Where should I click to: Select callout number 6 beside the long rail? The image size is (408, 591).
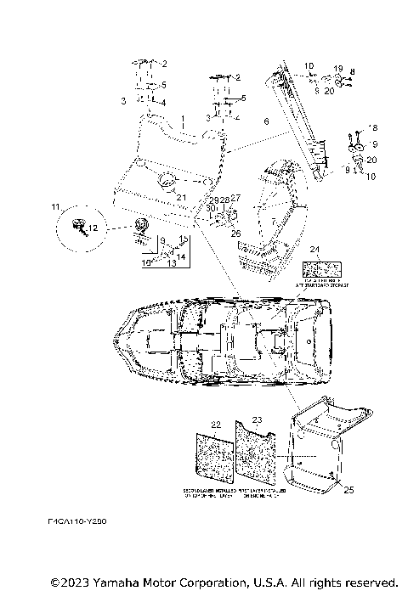pos(265,122)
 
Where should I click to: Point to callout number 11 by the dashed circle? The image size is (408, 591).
pos(56,207)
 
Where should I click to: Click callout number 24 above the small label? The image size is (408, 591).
pos(314,250)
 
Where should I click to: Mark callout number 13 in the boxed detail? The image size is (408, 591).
pos(171,263)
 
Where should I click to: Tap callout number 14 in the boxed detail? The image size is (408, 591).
pos(181,255)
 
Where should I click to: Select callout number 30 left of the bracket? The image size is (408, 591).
pos(210,208)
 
